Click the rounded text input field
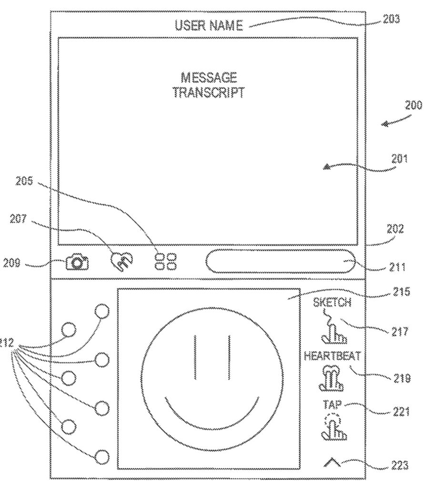281,262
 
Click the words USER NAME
209,25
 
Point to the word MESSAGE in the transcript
209,77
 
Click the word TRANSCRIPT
209,92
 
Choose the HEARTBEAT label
332,356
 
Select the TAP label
332,405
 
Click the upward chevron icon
332,461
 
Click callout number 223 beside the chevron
400,464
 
